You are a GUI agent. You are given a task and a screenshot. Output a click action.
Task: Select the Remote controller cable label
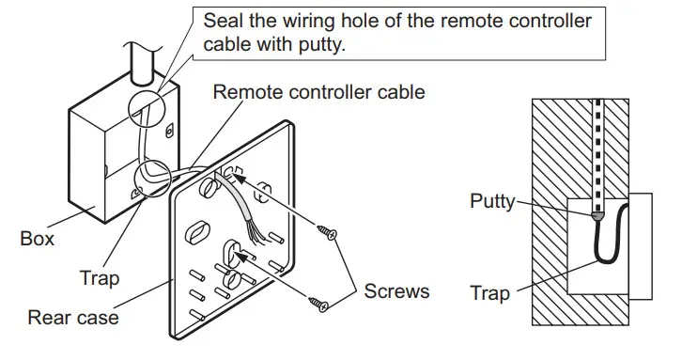point(318,92)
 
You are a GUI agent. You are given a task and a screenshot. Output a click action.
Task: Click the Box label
point(37,239)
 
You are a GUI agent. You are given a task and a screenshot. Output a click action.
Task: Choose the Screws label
point(396,290)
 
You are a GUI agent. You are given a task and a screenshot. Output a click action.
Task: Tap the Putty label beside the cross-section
point(493,201)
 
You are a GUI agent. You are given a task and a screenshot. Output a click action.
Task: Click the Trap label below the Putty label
point(491,293)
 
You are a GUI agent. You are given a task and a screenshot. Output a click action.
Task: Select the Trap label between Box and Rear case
point(100,279)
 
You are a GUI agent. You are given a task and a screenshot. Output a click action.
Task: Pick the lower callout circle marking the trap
point(151,176)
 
